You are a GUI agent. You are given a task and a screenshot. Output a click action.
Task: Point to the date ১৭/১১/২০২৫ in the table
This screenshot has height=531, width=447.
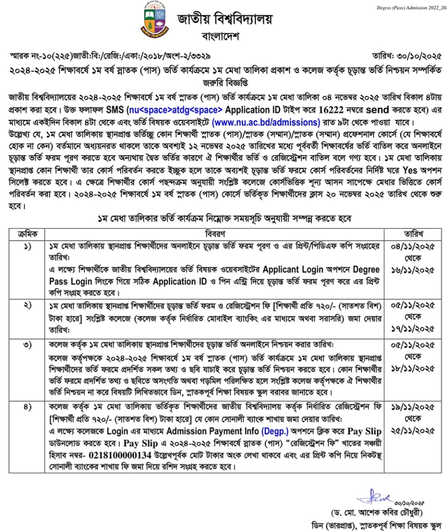(413, 328)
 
